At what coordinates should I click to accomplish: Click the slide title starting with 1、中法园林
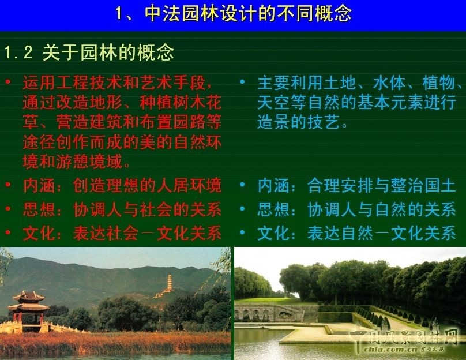point(233,13)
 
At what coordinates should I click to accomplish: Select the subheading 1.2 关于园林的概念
point(89,53)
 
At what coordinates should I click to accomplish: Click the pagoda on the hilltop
point(169,284)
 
